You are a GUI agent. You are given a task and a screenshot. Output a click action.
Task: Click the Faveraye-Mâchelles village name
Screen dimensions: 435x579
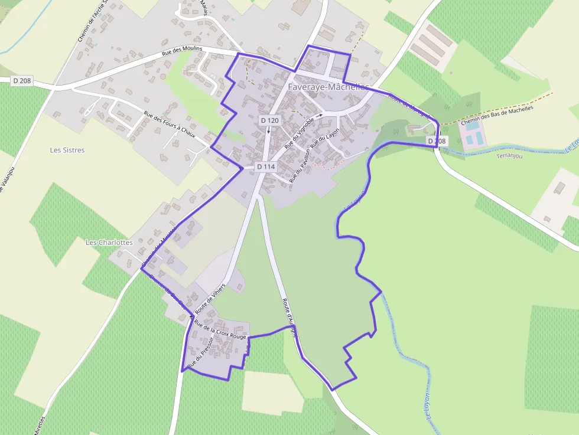click(x=328, y=87)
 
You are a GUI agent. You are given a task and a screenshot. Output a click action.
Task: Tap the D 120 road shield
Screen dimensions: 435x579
click(x=269, y=120)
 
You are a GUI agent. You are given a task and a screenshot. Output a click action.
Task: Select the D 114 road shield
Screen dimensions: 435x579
click(x=266, y=167)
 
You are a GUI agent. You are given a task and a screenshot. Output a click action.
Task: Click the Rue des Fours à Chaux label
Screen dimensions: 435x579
click(x=170, y=124)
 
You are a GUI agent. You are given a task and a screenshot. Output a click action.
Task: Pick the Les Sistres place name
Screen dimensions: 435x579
click(x=67, y=150)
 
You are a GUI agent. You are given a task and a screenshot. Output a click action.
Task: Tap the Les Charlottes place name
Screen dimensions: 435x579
click(x=109, y=242)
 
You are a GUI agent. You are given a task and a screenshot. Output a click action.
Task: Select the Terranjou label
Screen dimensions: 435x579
click(x=509, y=155)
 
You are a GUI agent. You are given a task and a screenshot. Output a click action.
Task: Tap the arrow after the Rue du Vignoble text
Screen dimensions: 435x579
click(x=319, y=116)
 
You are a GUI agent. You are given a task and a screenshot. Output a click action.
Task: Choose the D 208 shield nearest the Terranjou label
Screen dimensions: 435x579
click(x=437, y=141)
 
